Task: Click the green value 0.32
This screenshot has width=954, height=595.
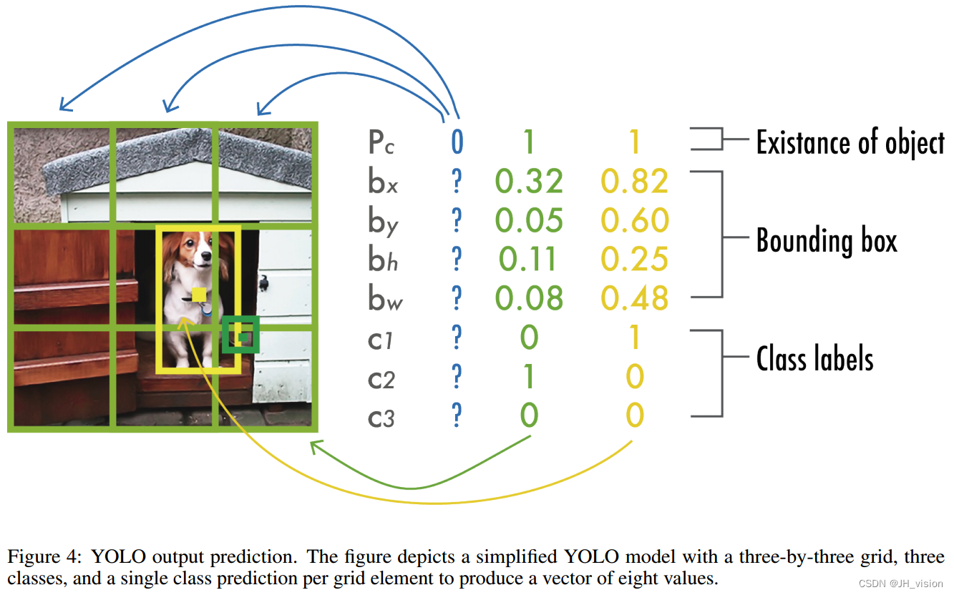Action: [529, 182]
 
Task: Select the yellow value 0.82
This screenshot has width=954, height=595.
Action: [634, 182]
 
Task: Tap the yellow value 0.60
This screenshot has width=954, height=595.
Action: [634, 221]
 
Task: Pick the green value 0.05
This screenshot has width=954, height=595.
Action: [529, 221]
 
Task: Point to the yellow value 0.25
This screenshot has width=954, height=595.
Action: [634, 260]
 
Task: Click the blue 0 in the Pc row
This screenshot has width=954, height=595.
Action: [457, 142]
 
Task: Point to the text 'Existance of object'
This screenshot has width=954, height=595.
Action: [850, 142]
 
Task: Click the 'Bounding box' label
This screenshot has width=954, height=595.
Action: [827, 240]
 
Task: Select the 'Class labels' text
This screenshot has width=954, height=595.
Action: [814, 358]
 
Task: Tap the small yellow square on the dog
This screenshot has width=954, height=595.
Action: [199, 295]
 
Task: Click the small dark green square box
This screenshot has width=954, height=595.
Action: [240, 335]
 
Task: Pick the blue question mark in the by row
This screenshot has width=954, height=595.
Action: [457, 221]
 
